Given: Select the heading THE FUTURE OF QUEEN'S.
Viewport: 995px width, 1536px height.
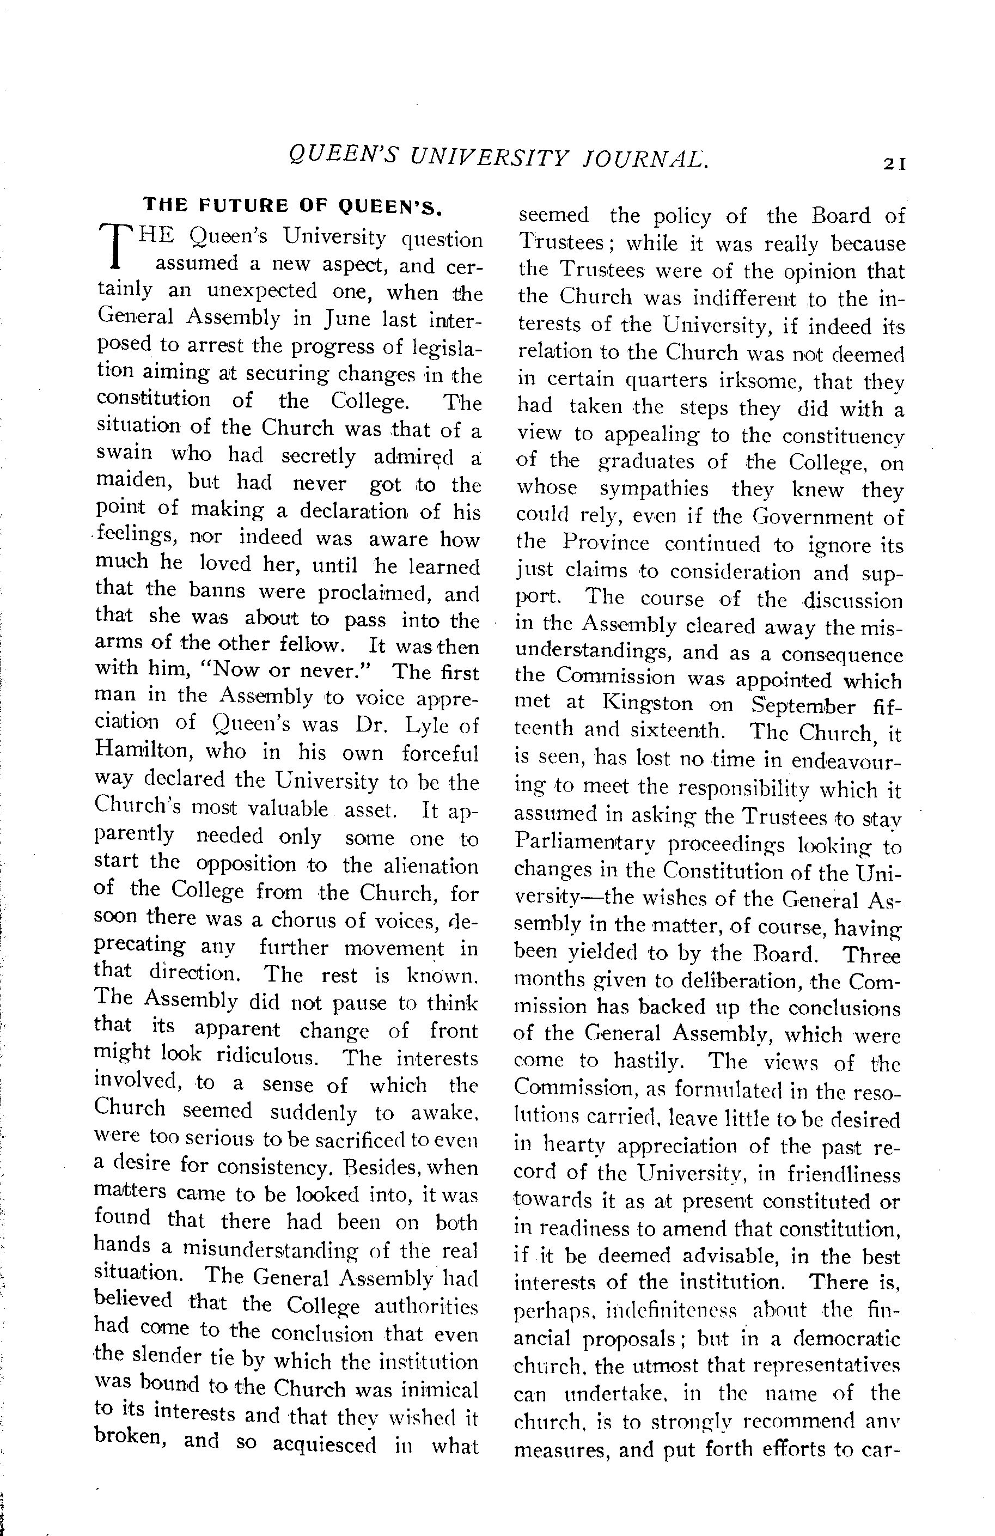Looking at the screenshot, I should [292, 205].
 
